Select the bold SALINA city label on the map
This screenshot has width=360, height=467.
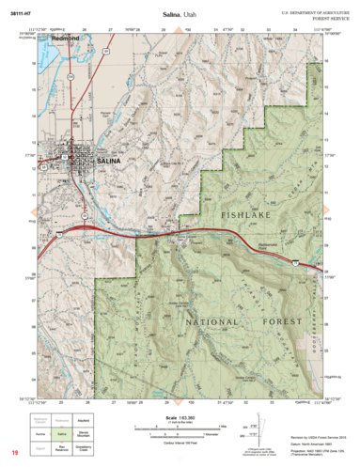[x=108, y=162]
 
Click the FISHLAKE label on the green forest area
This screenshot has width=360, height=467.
[x=249, y=216]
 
